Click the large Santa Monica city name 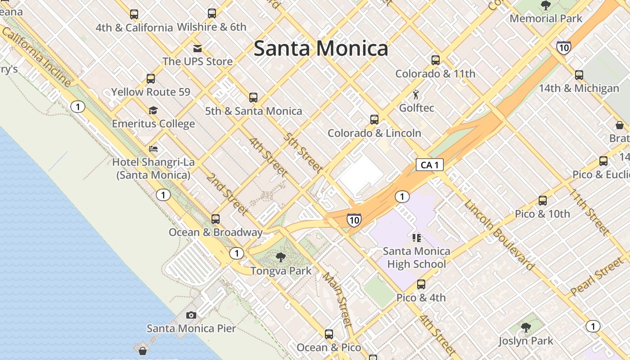click(x=321, y=48)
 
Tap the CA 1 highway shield click(x=429, y=165)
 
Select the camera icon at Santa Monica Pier click(x=191, y=315)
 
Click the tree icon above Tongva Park click(x=281, y=257)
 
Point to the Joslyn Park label click(x=526, y=341)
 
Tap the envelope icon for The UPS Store click(x=198, y=49)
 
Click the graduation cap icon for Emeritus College click(x=153, y=110)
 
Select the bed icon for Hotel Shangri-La click(x=153, y=149)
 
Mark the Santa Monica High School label click(x=416, y=257)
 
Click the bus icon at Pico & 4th click(x=421, y=284)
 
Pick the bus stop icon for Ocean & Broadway click(x=216, y=219)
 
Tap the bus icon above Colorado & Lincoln click(x=374, y=120)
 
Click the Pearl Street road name click(x=597, y=277)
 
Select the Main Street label click(x=337, y=299)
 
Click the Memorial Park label click(x=546, y=19)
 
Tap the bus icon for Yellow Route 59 click(x=151, y=79)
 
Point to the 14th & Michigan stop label click(x=579, y=88)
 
